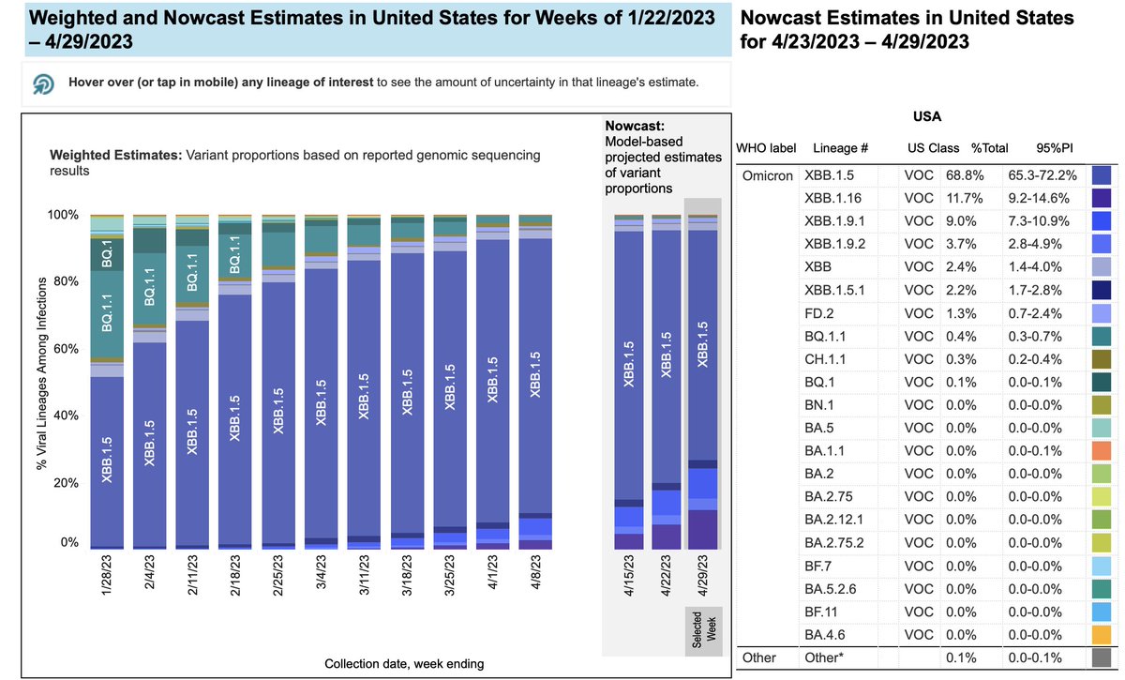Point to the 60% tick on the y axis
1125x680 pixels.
(x=65, y=349)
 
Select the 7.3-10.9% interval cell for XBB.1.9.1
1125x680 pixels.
(x=1042, y=220)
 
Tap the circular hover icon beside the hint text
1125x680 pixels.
(x=43, y=83)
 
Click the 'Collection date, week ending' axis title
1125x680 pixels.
(x=404, y=664)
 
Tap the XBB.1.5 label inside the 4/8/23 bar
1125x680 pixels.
(x=536, y=375)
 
